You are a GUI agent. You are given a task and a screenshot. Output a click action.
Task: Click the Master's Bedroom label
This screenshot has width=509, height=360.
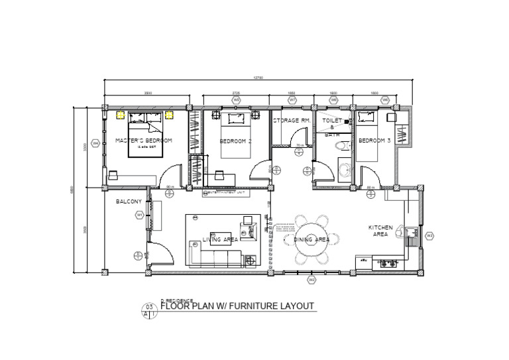144,141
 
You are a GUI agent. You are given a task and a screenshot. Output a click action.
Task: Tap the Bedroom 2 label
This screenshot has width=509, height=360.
236,141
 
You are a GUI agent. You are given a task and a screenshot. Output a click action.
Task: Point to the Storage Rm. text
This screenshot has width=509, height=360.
292,121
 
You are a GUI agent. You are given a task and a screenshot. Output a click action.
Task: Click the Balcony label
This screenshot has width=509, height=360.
127,201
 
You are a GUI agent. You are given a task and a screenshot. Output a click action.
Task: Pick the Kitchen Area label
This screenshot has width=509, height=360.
380,231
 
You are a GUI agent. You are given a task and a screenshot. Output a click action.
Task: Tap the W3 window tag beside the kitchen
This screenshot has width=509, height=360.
429,235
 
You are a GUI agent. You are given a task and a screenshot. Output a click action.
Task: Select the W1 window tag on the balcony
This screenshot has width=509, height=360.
140,215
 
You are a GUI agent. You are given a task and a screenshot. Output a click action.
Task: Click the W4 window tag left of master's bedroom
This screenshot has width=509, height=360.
95,143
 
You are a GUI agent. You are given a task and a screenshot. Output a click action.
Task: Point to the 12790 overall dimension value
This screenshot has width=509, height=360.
258,78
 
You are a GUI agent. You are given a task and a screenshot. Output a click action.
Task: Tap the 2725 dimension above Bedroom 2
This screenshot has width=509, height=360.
236,93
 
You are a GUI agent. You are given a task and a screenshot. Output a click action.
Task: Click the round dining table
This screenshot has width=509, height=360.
312,240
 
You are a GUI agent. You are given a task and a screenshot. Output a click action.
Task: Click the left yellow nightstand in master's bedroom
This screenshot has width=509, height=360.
121,115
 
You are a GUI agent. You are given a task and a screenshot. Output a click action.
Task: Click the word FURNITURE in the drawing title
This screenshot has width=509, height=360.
248,306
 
